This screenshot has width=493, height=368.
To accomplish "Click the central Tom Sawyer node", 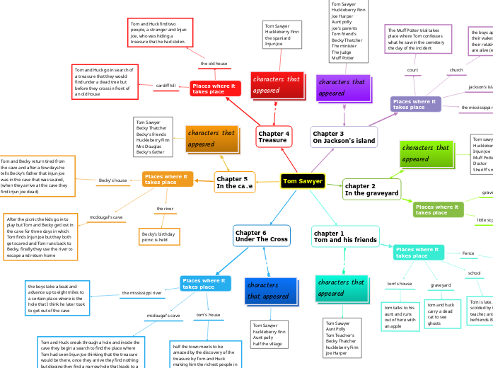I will pyautogui.click(x=303, y=181).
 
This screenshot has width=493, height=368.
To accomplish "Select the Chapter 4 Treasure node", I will pyautogui.click(x=274, y=137).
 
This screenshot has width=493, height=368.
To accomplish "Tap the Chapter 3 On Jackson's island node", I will pyautogui.click(x=344, y=137).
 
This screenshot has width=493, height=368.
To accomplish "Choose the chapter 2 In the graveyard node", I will pyautogui.click(x=371, y=190).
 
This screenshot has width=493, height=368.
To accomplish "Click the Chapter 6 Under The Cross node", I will pyautogui.click(x=261, y=236).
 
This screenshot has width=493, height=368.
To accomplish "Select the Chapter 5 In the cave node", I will pyautogui.click(x=234, y=183).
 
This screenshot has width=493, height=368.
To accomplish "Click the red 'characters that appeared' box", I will pyautogui.click(x=277, y=85).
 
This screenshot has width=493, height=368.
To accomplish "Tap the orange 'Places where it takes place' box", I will pyautogui.click(x=167, y=179).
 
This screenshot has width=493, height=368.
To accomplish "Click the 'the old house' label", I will pyautogui.click(x=214, y=63).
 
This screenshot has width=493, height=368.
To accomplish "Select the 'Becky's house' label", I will pyautogui.click(x=113, y=180).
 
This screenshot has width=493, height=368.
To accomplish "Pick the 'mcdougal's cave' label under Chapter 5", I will pyautogui.click(x=106, y=217).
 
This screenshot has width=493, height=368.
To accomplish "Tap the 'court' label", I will pyautogui.click(x=413, y=70).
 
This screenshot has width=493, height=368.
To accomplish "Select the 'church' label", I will pyautogui.click(x=456, y=70).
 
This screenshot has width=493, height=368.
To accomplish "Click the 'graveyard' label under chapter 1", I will pyautogui.click(x=441, y=285).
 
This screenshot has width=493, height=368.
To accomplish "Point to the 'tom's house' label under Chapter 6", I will pyautogui.click(x=208, y=314).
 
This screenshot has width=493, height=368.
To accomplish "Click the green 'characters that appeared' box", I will pyautogui.click(x=427, y=153).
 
